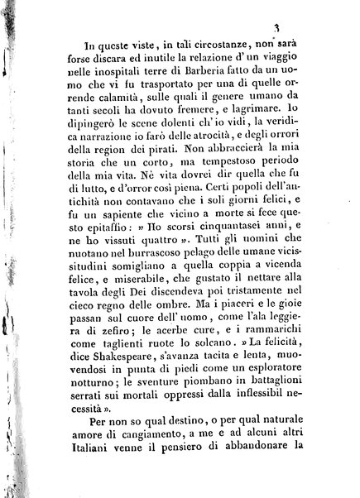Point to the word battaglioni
click(x=264, y=397)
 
